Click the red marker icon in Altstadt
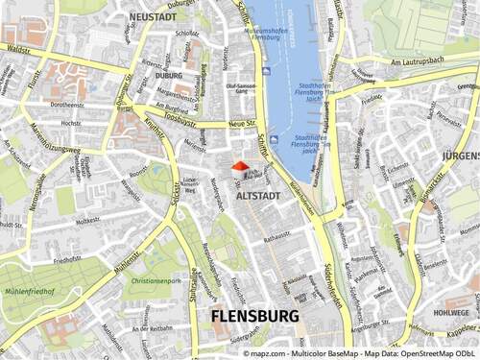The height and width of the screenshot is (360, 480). click(239, 168)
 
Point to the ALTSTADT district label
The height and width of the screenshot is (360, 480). click(258, 193)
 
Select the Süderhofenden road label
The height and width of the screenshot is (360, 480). click(331, 278)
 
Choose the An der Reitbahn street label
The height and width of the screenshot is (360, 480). click(155, 327)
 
